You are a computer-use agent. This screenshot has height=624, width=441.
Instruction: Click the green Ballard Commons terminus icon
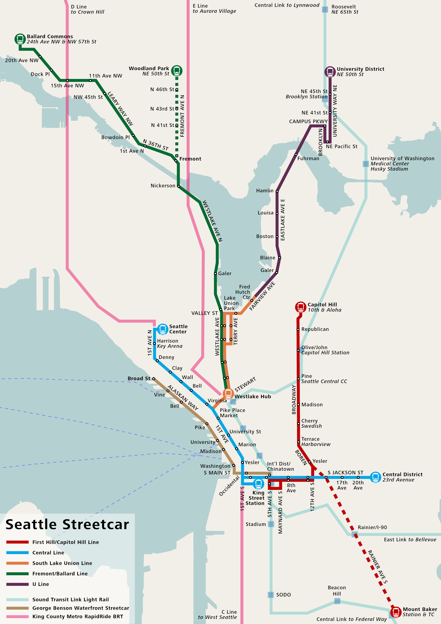point(20,39)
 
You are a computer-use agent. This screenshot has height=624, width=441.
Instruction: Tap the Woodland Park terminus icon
point(177,71)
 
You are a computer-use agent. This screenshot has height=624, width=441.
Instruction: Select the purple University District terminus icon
point(330,72)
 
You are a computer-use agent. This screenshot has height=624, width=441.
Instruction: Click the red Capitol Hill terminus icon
point(301,307)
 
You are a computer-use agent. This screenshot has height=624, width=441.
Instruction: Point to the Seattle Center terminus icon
point(163,329)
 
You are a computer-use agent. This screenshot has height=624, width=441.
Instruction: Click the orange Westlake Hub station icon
point(228,394)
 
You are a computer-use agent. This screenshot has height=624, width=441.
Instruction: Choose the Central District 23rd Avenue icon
point(375,477)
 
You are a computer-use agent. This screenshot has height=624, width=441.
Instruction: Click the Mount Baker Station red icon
point(396,612)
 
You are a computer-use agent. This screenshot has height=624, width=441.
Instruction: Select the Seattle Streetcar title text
point(67,525)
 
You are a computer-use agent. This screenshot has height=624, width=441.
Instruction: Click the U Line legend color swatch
point(17,584)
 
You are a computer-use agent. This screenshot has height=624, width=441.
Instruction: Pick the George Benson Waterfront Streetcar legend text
point(81,608)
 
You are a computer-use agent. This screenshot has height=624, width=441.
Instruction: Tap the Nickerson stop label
point(163,186)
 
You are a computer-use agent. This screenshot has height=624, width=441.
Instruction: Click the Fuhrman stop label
point(308,159)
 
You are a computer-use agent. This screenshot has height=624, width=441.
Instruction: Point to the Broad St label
point(139,378)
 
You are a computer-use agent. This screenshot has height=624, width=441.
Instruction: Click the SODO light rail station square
point(271,595)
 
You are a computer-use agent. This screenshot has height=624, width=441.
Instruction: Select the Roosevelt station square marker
point(325,10)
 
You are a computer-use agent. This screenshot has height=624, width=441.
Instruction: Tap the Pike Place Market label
point(233,413)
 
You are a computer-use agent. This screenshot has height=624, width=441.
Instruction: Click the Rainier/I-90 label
point(372,527)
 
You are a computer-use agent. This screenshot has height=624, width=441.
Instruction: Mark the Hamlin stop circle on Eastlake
point(277,191)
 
